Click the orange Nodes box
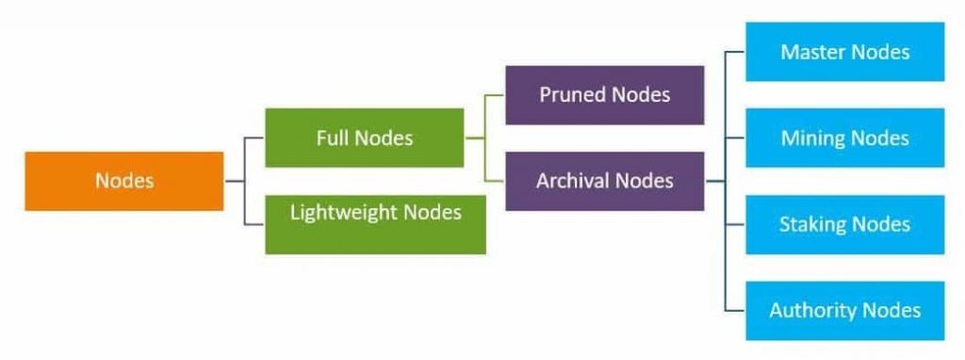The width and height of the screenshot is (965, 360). tap(124, 181)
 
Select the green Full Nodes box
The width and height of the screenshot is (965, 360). tap(365, 138)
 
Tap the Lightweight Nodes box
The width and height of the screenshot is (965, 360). tap(375, 223)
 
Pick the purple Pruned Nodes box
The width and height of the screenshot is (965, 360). tap(604, 94)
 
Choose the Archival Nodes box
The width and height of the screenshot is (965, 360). tap(604, 181)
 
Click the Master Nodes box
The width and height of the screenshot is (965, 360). tap(845, 52)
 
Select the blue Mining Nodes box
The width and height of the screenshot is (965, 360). tap(845, 138)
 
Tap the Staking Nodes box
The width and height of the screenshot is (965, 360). tap(845, 224)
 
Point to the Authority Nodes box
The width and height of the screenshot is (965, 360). tap(845, 310)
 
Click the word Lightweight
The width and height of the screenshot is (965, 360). tap(344, 213)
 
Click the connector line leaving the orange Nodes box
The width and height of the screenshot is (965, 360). tap(235, 181)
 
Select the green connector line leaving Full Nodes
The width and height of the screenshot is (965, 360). tap(475, 138)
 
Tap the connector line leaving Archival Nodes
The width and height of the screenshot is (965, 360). tap(715, 181)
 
